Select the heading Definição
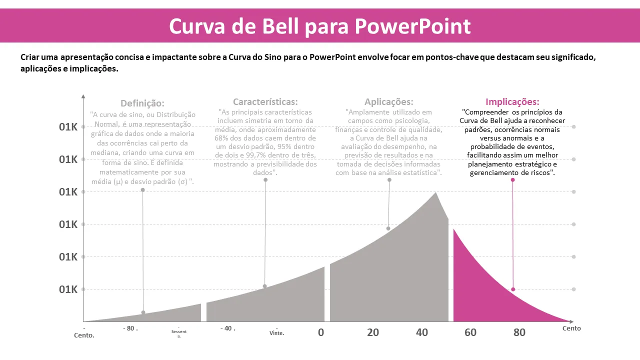point(142,103)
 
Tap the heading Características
point(265,102)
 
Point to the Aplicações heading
point(388,102)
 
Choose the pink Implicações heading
point(512,102)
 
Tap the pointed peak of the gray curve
point(435,192)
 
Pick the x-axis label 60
point(470,332)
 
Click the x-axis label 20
point(372,332)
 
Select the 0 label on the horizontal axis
point(321,332)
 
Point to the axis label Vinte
point(276,333)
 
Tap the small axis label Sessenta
point(178,333)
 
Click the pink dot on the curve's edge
point(513,289)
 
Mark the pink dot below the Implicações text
point(512,180)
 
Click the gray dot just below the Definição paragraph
point(142,190)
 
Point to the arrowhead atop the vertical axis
point(83,96)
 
